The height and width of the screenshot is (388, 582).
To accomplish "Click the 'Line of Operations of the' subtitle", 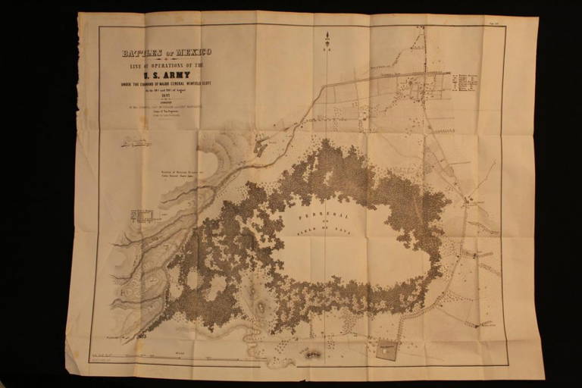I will (x=167, y=64).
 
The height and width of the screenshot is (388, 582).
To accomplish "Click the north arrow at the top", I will (x=327, y=40).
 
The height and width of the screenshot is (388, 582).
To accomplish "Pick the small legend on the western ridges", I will (x=143, y=214).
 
